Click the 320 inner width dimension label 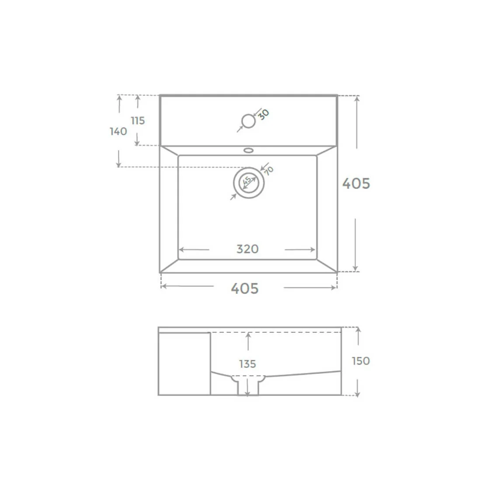[x=247, y=249]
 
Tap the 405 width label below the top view [x=245, y=288]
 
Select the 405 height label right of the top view [x=356, y=184]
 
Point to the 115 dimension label [x=138, y=121]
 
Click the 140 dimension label [x=119, y=131]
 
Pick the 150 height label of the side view [x=361, y=361]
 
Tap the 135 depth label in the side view [x=247, y=364]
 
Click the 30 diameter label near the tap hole [x=264, y=115]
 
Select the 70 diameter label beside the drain [x=268, y=171]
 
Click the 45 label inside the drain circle [x=247, y=181]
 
